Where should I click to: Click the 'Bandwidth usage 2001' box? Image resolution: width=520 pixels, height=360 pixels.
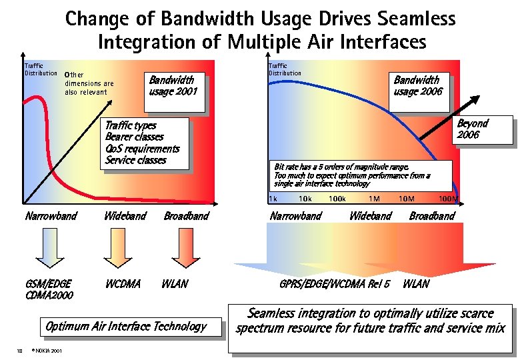click(173, 85)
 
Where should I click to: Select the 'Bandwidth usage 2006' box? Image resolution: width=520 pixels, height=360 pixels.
click(417, 85)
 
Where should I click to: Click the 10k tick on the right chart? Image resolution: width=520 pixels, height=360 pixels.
click(305, 199)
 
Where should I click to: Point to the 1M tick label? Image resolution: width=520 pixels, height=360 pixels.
click(374, 199)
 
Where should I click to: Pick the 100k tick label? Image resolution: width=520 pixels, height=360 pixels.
click(337, 199)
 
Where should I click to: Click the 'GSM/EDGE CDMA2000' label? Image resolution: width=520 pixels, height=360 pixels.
click(49, 289)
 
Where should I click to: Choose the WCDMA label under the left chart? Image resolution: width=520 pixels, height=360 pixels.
click(123, 283)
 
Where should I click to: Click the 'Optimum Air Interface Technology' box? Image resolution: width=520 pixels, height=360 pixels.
click(125, 327)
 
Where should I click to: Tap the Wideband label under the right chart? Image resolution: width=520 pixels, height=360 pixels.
click(370, 216)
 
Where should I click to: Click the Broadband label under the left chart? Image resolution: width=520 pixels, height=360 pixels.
click(186, 216)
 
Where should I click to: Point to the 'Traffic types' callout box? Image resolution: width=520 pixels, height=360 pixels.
click(142, 143)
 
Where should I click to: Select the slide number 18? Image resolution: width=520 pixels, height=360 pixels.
click(21, 351)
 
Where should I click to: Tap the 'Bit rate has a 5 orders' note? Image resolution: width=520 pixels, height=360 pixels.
click(352, 175)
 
